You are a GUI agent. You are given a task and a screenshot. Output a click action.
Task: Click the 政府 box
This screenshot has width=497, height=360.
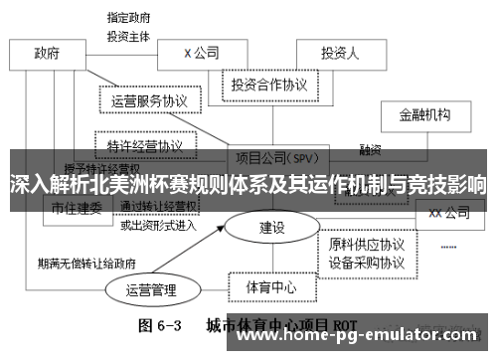click(47, 53)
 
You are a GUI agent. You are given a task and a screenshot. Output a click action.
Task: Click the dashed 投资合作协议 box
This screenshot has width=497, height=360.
click(269, 85)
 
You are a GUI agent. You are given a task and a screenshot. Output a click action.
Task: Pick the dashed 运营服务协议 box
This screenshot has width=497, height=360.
click(150, 100)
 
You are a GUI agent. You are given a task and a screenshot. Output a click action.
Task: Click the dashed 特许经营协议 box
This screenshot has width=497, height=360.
click(145, 144)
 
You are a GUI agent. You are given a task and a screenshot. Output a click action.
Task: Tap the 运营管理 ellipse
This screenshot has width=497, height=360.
click(151, 290)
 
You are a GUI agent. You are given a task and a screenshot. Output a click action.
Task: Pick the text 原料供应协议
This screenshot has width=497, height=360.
click(367, 244)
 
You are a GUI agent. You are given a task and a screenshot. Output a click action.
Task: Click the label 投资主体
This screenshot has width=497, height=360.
click(129, 35)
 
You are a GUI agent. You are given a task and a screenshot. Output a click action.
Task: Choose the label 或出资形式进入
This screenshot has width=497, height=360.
click(159, 225)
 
